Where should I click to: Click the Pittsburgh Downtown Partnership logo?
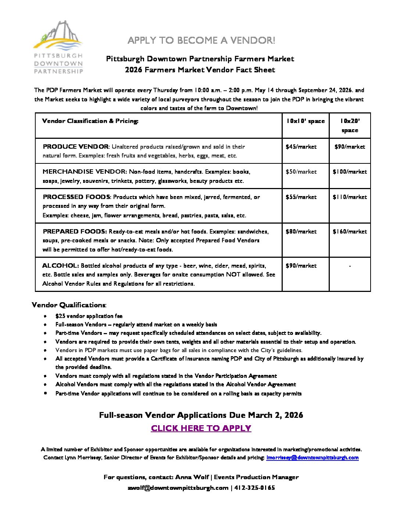pyautogui.click(x=58, y=47)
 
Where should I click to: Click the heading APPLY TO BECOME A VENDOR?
pyautogui.click(x=201, y=40)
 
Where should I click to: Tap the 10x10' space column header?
pyautogui.click(x=306, y=121)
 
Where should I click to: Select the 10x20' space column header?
pyautogui.click(x=350, y=125)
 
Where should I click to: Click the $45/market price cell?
pyautogui.click(x=301, y=147)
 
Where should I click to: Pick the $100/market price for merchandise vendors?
pyautogui.click(x=350, y=172)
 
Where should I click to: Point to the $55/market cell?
pyautogui.click(x=301, y=197)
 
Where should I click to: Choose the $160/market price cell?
pyautogui.click(x=350, y=232)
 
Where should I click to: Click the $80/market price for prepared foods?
pyautogui.click(x=301, y=232)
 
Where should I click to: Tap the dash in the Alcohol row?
pyautogui.click(x=350, y=266)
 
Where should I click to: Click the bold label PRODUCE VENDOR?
pyautogui.click(x=76, y=147)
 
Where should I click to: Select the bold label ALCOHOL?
pyautogui.click(x=60, y=266)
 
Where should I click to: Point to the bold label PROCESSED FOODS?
pyautogui.click(x=76, y=197)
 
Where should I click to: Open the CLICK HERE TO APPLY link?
pyautogui.click(x=201, y=429)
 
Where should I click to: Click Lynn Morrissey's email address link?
pyautogui.click(x=312, y=458)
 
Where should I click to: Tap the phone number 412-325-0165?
pyautogui.click(x=254, y=488)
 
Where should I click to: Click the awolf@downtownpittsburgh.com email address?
pyautogui.click(x=178, y=488)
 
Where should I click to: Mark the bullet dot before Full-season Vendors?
pyautogui.click(x=45, y=325)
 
